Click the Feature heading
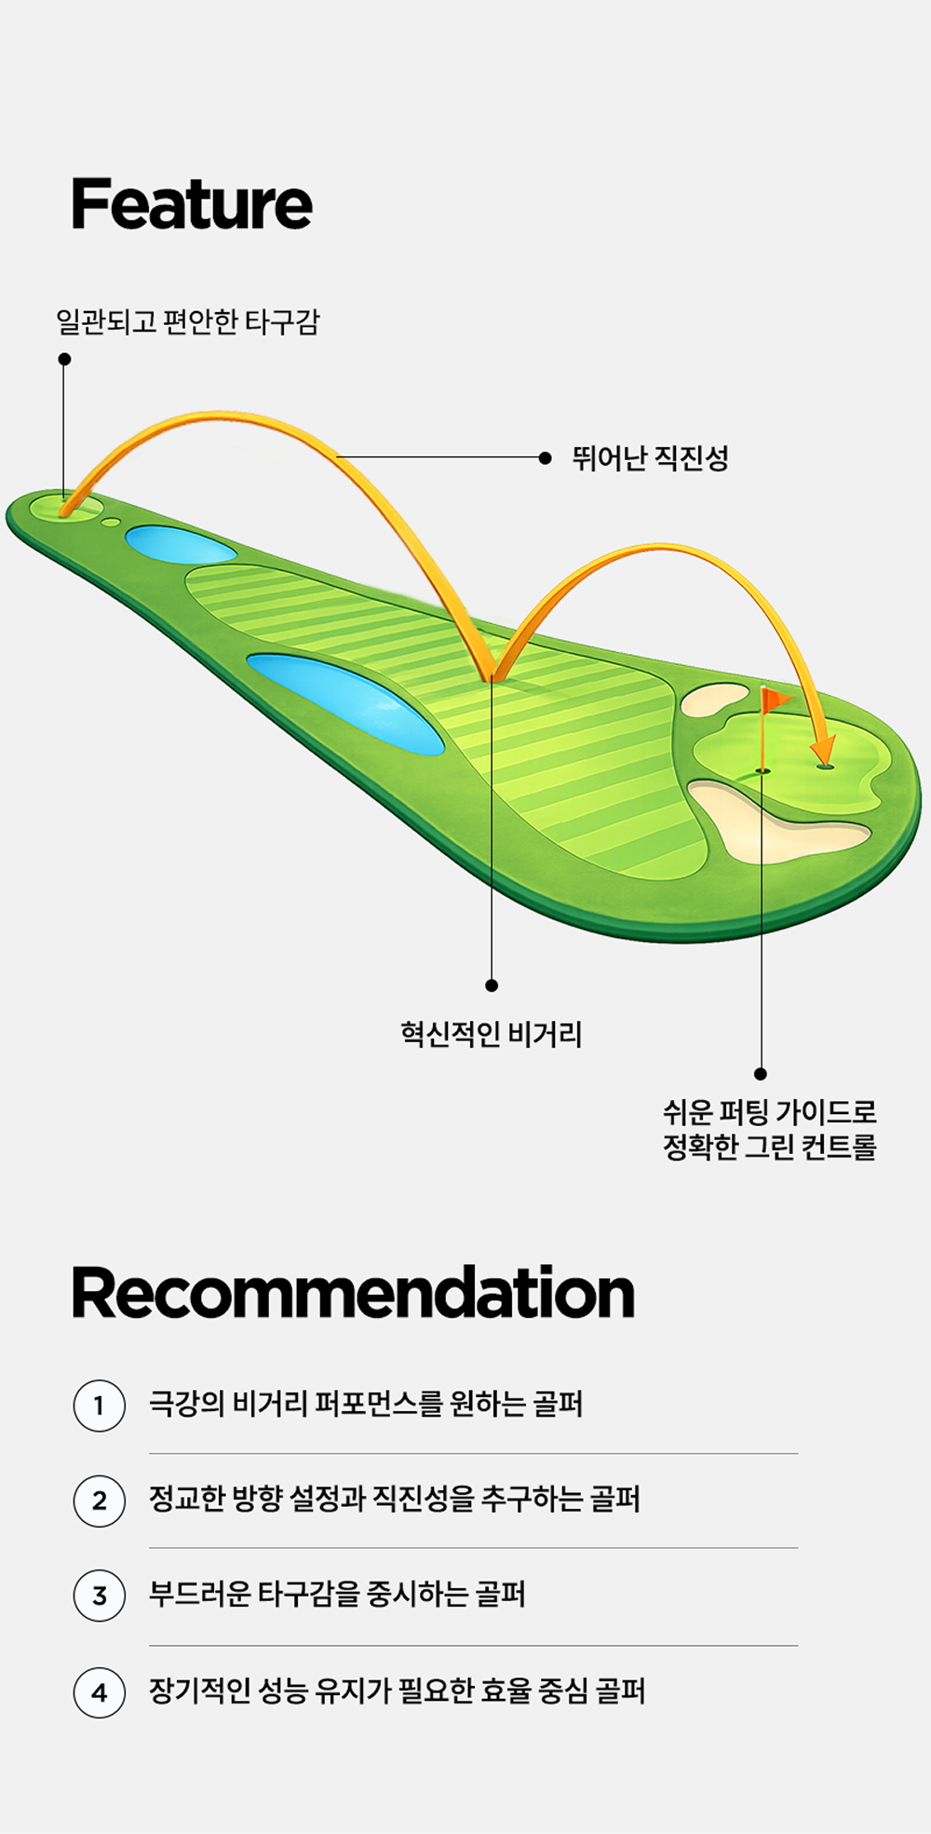tap(192, 205)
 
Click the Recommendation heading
tap(353, 1294)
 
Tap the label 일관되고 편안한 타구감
tap(187, 322)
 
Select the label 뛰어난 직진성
tap(650, 458)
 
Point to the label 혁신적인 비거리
tap(491, 1035)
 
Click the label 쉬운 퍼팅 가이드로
tap(769, 1112)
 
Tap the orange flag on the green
tap(775, 699)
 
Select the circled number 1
tap(100, 1405)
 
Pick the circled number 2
tap(100, 1501)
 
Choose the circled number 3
tap(100, 1596)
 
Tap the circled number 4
tap(100, 1692)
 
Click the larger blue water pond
tap(346, 700)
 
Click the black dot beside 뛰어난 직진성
tap(546, 457)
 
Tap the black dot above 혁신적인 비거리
tap(492, 985)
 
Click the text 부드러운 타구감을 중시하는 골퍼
tap(337, 1595)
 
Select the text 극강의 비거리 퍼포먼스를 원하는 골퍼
tap(366, 1404)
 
